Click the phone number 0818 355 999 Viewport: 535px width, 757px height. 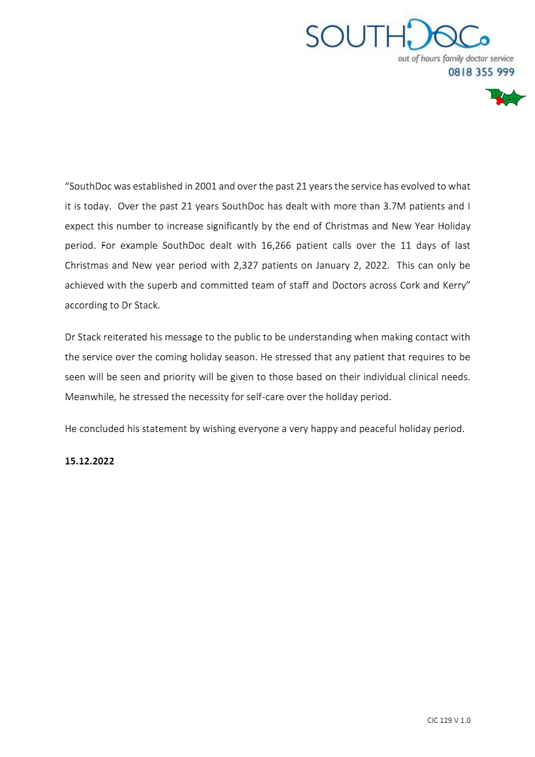pyautogui.click(x=481, y=72)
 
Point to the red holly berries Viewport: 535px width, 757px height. pyautogui.click(x=500, y=101)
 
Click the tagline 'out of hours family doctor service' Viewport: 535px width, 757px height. pyautogui.click(x=455, y=59)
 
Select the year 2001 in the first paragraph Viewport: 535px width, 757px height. pyautogui.click(x=205, y=186)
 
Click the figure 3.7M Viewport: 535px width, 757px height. pyautogui.click(x=394, y=206)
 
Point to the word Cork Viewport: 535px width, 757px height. pyautogui.click(x=410, y=285)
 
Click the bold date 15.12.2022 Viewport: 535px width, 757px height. pyautogui.click(x=89, y=461)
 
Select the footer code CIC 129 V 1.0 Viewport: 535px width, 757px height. pyautogui.click(x=449, y=721)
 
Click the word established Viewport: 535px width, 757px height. pyautogui.click(x=158, y=186)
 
